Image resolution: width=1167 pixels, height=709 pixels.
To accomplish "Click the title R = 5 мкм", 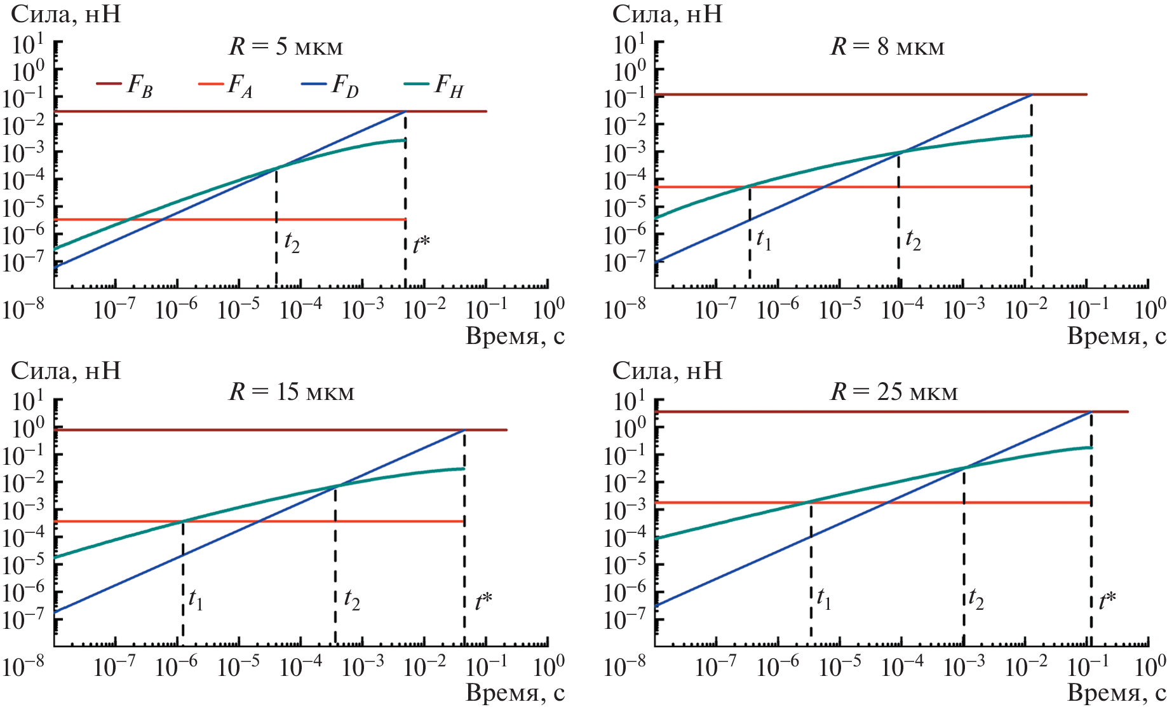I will tap(286, 46).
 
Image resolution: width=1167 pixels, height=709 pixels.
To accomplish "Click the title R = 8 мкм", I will tap(887, 46).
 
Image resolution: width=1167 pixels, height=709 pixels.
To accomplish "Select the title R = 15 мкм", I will tap(292, 391).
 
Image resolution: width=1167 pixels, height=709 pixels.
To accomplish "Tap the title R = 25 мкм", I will tap(894, 391).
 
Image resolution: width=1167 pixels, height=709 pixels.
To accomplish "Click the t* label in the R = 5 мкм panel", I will tap(421, 244).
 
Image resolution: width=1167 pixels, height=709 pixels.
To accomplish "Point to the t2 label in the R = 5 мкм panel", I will tap(292, 242).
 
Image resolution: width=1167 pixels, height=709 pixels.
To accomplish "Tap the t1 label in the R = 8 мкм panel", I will tap(764, 240).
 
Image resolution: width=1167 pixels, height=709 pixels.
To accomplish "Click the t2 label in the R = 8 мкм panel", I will tap(913, 240).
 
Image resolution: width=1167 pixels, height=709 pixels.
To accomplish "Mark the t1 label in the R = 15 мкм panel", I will tap(196, 599).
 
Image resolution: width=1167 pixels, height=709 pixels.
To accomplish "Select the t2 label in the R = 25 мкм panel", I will tap(976, 599).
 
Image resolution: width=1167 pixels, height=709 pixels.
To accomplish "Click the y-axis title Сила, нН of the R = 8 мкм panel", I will tap(667, 14).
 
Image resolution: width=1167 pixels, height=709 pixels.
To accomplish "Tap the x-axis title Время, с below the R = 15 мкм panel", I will tap(515, 692).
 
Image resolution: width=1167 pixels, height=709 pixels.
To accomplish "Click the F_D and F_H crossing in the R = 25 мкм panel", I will tap(964, 468).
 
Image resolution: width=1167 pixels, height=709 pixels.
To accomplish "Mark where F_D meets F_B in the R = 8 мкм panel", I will tap(1031, 95).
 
